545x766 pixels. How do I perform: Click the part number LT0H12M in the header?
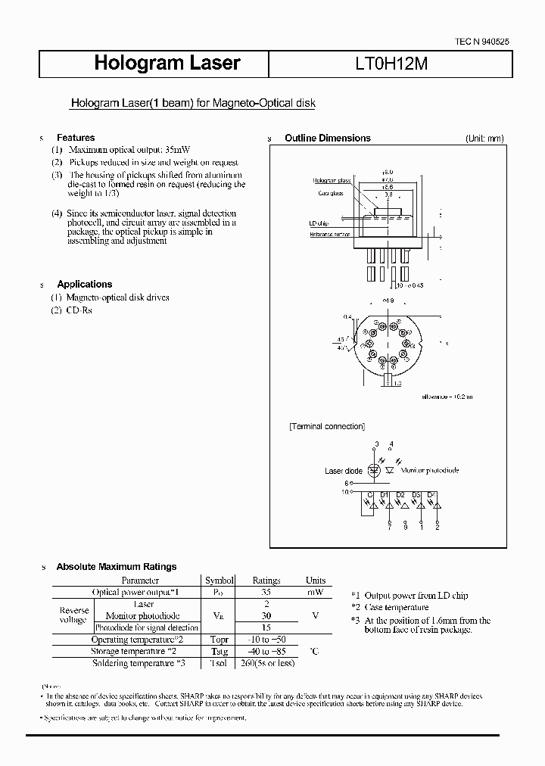[x=391, y=64]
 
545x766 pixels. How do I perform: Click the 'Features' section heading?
[x=76, y=138]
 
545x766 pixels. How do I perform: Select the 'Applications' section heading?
[x=85, y=284]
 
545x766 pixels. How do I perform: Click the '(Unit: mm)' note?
[x=484, y=139]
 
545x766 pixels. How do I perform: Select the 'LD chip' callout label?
[x=319, y=223]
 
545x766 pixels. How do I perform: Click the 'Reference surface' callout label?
[x=332, y=235]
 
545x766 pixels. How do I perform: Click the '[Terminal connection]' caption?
[x=326, y=426]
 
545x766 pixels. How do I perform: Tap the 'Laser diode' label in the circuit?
[x=344, y=471]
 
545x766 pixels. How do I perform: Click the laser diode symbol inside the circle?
[x=374, y=470]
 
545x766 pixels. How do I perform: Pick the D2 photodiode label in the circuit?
[x=401, y=495]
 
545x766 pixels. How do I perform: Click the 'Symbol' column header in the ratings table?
[x=220, y=581]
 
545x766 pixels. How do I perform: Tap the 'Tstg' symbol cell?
[x=219, y=652]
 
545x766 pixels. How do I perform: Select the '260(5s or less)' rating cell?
[x=266, y=663]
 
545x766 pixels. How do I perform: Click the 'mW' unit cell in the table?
[x=315, y=592]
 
